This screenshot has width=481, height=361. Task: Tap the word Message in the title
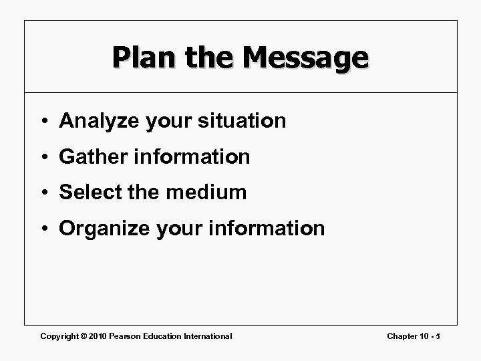[304, 57]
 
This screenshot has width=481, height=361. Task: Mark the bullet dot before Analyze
[45, 122]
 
